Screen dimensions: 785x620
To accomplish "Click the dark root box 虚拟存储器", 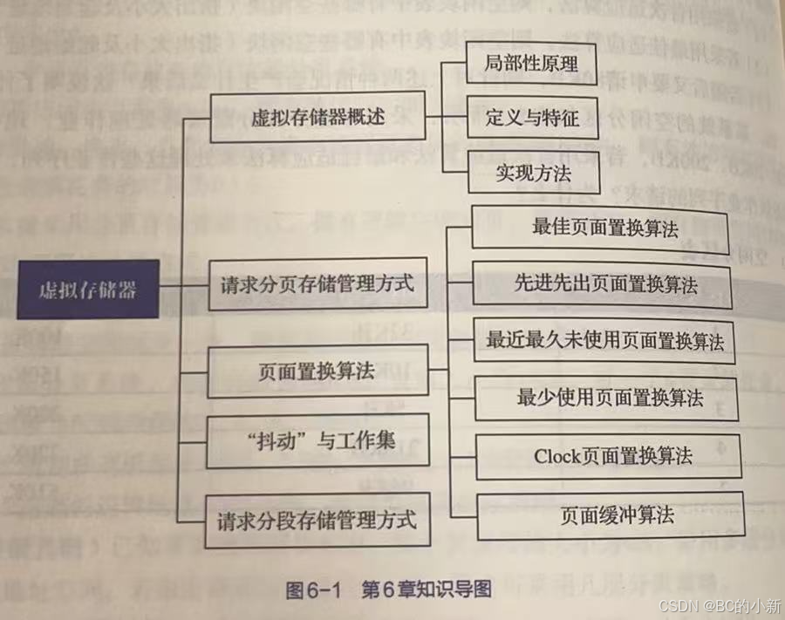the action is click(x=89, y=290).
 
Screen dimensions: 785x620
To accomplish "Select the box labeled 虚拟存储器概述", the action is click(x=317, y=119).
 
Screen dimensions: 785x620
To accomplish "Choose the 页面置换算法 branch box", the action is click(x=317, y=371).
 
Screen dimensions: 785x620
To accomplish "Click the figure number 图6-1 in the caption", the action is click(x=314, y=589).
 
